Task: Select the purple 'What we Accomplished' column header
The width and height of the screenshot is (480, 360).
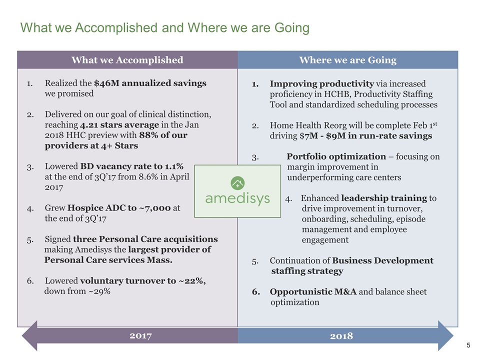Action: click(x=127, y=60)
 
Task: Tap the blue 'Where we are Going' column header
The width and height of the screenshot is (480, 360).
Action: click(x=347, y=60)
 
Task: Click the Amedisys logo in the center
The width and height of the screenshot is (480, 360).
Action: click(x=237, y=191)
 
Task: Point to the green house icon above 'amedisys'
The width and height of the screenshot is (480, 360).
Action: click(x=237, y=182)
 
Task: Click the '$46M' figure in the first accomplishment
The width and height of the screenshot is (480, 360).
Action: click(x=104, y=83)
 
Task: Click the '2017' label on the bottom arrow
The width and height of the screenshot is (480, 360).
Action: click(x=141, y=335)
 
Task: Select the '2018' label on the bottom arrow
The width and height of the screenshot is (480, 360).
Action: click(x=341, y=335)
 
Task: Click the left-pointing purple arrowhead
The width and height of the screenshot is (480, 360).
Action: click(x=29, y=335)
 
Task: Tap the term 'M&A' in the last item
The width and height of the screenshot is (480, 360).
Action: click(x=344, y=291)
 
